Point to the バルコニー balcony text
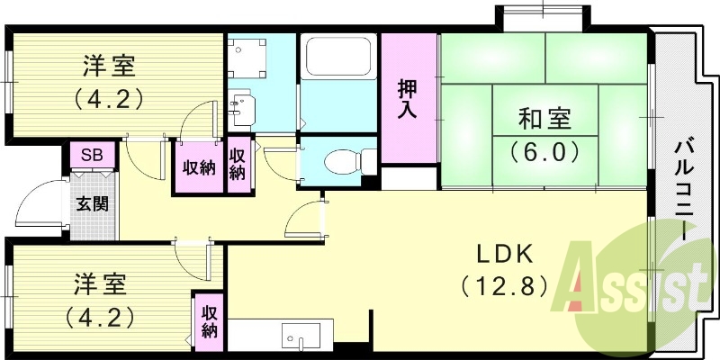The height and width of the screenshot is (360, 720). pos(685,188)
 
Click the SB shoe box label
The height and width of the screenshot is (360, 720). pos(92,155)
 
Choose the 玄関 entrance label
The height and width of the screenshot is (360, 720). pos(92,203)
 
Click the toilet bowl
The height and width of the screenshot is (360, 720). pos(344,161)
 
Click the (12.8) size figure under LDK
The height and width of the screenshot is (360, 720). pos(504,287)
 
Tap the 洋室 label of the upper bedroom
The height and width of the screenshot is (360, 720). pos(109,65)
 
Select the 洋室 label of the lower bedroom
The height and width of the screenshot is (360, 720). pos(99,285)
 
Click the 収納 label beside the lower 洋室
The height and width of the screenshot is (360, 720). pos(209,321)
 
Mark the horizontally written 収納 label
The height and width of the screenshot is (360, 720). pos(199,168)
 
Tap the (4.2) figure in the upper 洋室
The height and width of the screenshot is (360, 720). pos(109,96)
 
